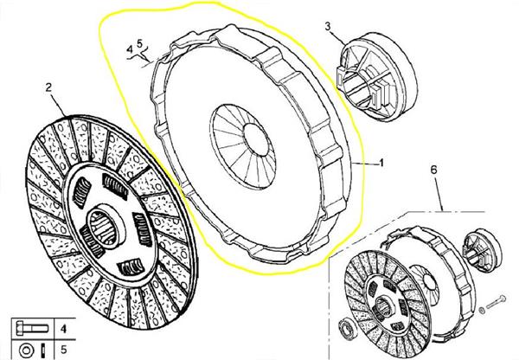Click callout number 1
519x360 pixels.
[381, 163]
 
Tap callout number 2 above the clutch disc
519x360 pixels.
[48, 87]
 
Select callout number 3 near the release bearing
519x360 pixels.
[328, 27]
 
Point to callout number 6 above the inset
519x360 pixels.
[433, 170]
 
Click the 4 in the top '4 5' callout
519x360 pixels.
[130, 49]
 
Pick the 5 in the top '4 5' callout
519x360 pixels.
[139, 43]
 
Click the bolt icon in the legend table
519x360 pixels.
[32, 329]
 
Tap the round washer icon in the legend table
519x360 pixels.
[26, 350]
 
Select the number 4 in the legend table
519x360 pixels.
[63, 329]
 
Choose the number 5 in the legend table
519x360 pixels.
[63, 350]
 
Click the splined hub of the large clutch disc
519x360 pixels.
[106, 226]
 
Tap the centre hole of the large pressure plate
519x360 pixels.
[255, 140]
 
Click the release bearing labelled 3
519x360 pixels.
[377, 77]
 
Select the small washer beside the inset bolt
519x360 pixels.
[482, 311]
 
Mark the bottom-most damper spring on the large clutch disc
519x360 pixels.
[131, 267]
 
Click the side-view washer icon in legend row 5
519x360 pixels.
[44, 350]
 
